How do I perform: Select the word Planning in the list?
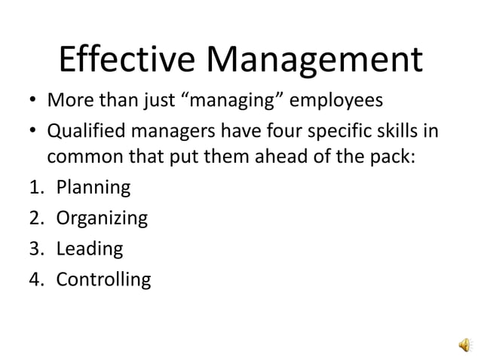tap(93, 188)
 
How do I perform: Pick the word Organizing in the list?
tap(102, 218)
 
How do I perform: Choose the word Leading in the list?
tap(89, 249)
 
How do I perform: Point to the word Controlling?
tap(103, 280)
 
